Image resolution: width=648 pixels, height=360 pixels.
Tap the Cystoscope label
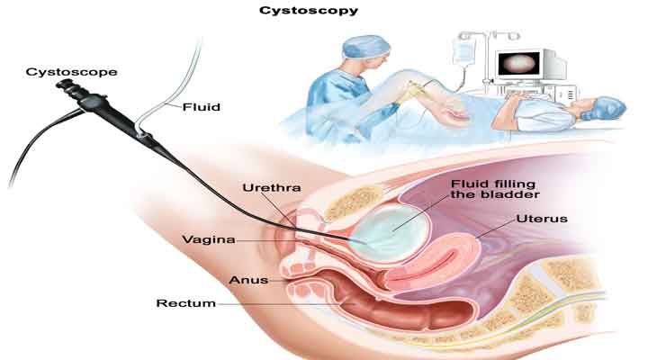click(x=60, y=70)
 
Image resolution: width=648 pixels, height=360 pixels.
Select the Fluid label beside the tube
click(x=202, y=106)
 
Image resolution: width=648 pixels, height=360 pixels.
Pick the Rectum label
click(x=186, y=303)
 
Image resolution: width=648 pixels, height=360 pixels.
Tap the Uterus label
click(x=542, y=219)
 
